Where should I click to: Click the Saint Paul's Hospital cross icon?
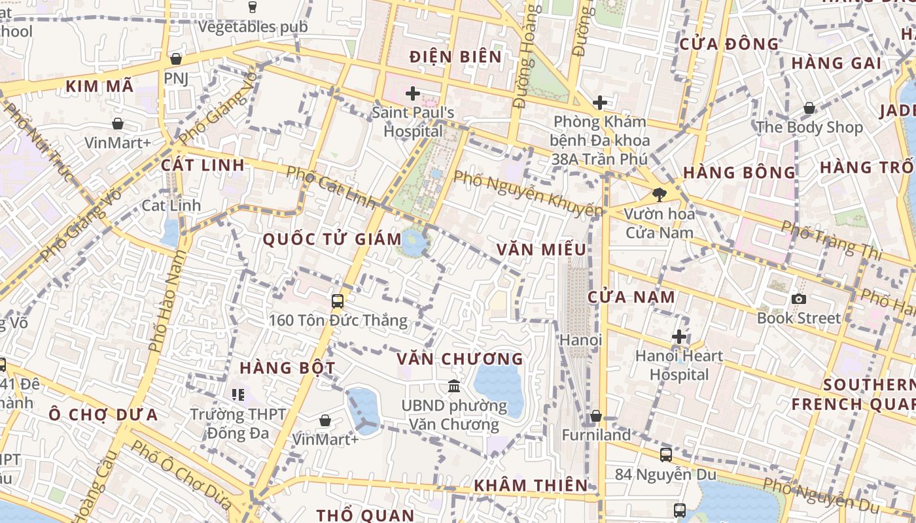click(412, 93)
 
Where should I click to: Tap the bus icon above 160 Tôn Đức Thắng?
click(338, 301)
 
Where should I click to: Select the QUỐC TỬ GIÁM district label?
click(332, 239)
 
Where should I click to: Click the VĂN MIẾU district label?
click(541, 250)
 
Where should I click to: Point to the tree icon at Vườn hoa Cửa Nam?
click(659, 194)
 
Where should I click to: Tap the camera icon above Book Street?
click(798, 299)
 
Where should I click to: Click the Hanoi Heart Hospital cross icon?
click(679, 337)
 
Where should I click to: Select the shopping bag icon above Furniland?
click(595, 416)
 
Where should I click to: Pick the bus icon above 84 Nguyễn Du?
click(665, 454)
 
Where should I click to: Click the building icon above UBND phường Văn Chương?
click(453, 386)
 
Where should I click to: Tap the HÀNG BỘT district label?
click(287, 368)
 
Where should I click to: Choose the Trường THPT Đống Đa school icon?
click(238, 394)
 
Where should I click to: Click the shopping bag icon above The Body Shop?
click(809, 108)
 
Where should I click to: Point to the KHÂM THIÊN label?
click(531, 485)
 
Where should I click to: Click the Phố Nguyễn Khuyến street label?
click(527, 194)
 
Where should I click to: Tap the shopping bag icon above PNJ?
click(175, 59)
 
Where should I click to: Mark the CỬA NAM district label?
click(631, 297)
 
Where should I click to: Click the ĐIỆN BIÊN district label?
click(455, 57)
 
